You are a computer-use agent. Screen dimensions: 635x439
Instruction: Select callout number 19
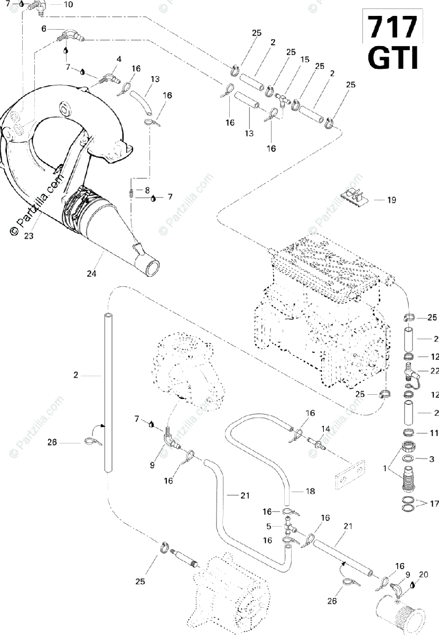tap(391, 200)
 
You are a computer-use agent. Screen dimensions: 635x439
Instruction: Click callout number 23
tap(29, 236)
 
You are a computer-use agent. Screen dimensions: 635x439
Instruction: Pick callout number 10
tap(69, 5)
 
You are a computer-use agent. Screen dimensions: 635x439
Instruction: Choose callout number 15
tap(305, 60)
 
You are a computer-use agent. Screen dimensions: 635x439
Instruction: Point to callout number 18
tap(310, 491)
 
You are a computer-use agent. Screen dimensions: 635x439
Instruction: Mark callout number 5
tap(268, 527)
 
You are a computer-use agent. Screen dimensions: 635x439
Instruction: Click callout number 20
tap(423, 574)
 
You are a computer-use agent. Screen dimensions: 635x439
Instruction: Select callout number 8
tap(147, 189)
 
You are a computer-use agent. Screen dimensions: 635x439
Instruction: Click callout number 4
tap(119, 59)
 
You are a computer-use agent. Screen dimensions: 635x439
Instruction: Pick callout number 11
tap(434, 433)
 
